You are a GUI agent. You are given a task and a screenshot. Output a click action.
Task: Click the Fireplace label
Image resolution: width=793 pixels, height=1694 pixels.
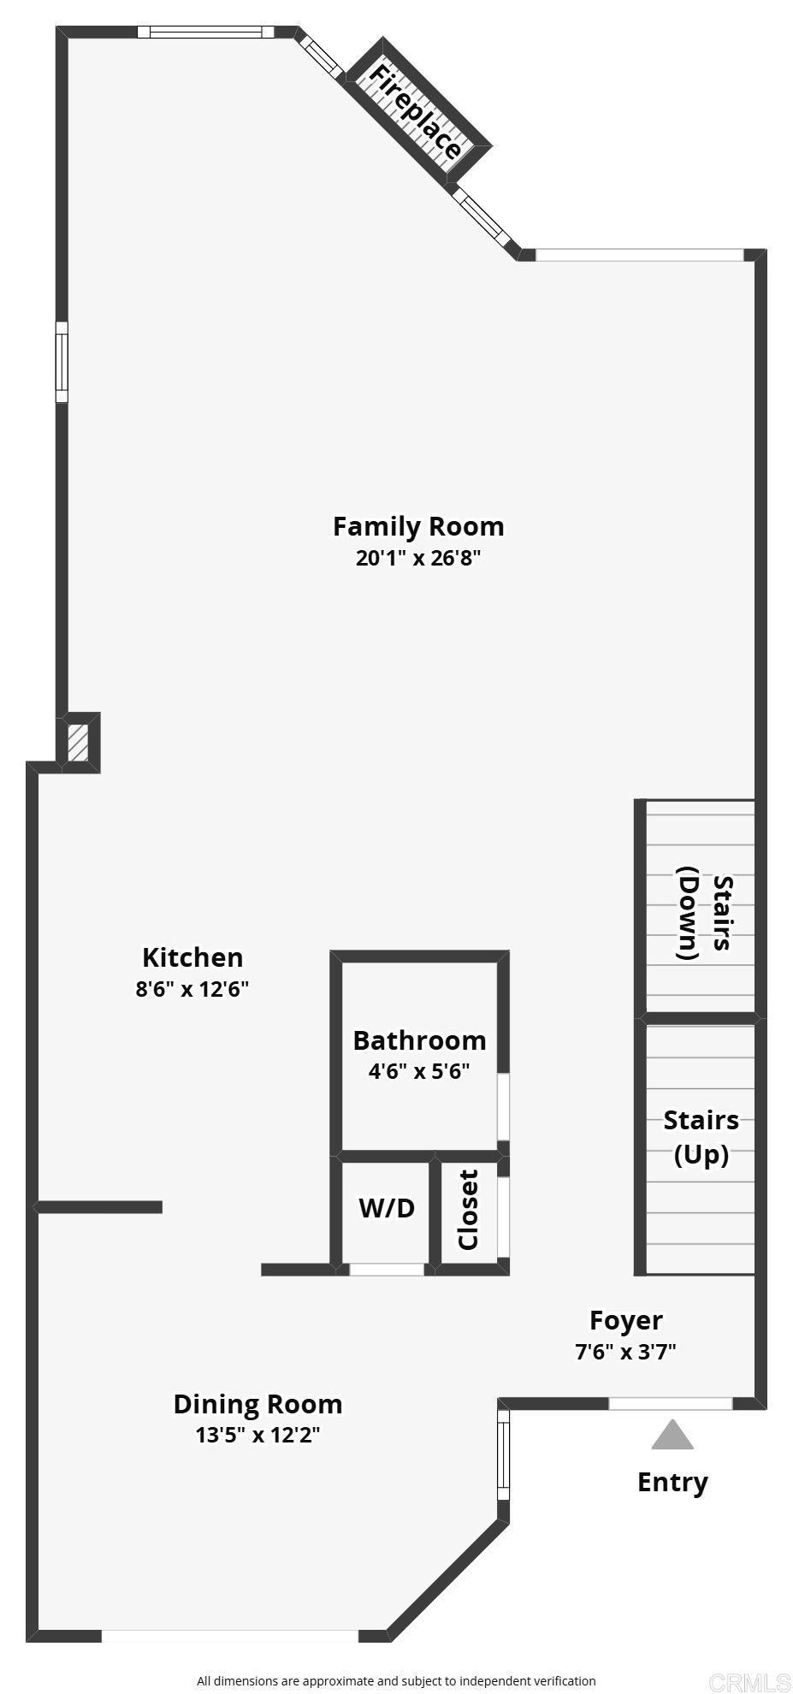coord(416,111)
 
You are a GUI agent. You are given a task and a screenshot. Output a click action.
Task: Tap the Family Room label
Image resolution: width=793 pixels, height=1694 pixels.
coord(418,526)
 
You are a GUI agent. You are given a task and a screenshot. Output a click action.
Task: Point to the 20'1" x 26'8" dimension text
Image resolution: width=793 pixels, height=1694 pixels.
coord(418,559)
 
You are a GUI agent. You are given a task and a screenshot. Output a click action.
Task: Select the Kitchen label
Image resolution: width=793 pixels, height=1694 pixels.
coord(192,957)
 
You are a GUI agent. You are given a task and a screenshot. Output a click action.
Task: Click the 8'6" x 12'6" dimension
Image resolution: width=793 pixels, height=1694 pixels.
coord(192,990)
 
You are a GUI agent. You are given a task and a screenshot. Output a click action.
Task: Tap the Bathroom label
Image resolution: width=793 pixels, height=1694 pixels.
coord(419,1040)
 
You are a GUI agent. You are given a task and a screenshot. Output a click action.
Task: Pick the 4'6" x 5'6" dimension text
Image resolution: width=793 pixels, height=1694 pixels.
coord(419,1071)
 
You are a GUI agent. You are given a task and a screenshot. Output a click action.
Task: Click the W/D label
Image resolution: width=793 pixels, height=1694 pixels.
coord(387,1208)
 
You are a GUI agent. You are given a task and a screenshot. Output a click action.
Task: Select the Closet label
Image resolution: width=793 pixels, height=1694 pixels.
coord(469,1210)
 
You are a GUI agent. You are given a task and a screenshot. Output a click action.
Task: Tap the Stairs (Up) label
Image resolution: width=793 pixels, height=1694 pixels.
coord(701,1137)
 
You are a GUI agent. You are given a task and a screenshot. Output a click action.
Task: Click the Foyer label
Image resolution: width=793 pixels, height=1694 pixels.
coord(626,1320)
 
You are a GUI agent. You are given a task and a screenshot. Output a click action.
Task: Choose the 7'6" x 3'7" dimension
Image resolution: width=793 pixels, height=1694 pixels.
coord(626,1352)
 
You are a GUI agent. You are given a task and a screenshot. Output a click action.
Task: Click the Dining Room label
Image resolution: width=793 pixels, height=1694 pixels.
coord(257,1404)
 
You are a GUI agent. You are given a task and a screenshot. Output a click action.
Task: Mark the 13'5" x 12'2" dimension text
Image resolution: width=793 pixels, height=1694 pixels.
coord(257,1435)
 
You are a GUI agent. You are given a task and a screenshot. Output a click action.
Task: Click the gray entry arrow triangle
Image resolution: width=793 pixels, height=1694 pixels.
coord(672,1436)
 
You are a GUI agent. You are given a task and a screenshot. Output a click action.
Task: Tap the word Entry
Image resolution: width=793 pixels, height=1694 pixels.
coord(672,1482)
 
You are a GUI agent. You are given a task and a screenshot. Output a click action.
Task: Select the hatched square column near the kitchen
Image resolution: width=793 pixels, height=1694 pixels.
coord(78,743)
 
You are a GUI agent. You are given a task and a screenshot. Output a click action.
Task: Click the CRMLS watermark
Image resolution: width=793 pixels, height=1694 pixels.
coord(749,1681)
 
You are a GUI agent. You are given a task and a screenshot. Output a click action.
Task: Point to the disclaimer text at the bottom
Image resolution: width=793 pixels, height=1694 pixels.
coord(396,1680)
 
